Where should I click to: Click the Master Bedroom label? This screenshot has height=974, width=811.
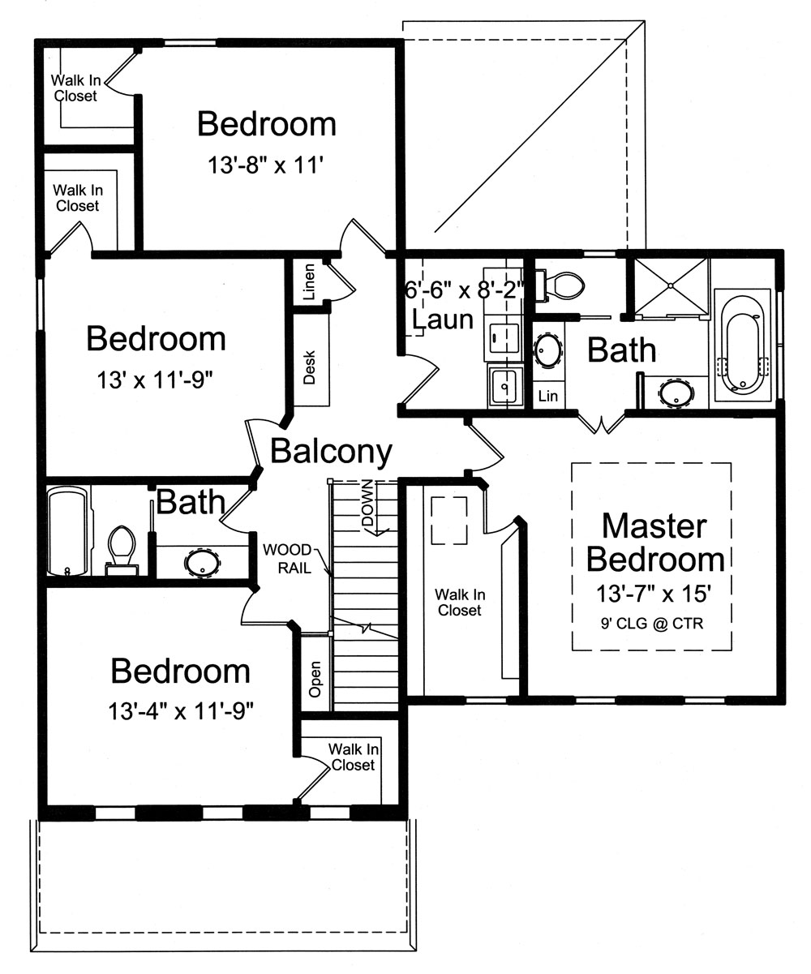coord(654,543)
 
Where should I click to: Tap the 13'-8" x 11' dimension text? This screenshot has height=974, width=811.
coord(266,165)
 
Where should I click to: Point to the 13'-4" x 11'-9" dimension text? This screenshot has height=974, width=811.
coord(181,711)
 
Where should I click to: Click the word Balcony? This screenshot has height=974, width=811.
coord(331,450)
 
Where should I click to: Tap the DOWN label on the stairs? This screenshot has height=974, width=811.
coord(367,508)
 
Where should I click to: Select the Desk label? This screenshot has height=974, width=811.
coord(309,367)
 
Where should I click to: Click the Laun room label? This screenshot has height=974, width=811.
coord(442,320)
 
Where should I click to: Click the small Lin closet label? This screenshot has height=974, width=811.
coord(548,396)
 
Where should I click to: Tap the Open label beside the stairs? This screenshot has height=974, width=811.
coord(315,680)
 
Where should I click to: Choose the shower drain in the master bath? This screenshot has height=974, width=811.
coord(672,285)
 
